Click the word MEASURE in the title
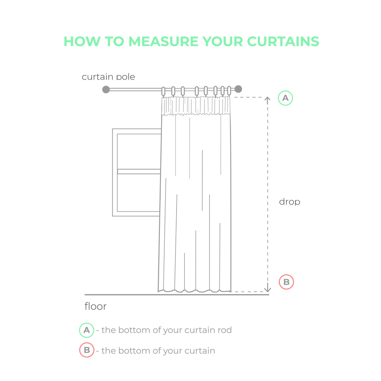coord(163,41)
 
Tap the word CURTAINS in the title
coord(283,41)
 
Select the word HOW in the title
coord(82,41)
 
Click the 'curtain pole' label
coord(108,77)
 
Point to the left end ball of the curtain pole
coord(106,89)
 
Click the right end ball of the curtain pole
coord(239,89)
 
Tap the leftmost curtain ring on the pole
coord(163,91)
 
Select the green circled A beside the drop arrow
coord(285,98)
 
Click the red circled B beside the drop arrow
coord(286,282)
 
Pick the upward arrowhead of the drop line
coord(267,99)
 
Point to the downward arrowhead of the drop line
coord(267,289)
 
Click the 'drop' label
coord(290,202)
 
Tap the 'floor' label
coord(96,306)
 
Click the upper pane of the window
coord(139,151)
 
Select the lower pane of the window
coord(139,193)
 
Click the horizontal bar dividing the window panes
coord(139,171)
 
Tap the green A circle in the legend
coord(87,330)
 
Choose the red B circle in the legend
coord(87,350)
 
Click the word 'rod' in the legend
coord(225,330)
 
